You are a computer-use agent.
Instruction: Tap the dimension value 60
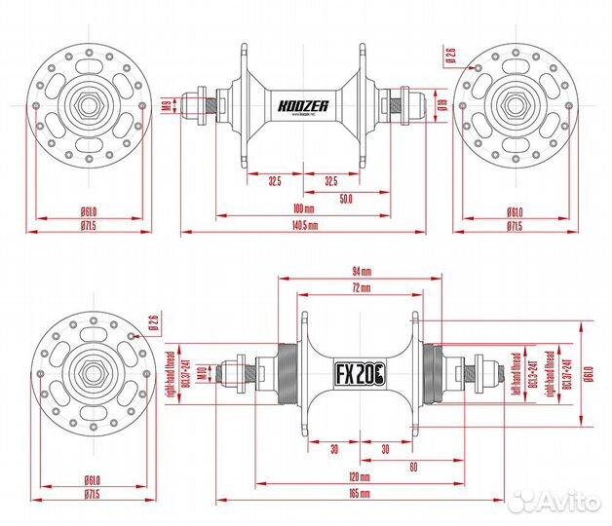[414, 467]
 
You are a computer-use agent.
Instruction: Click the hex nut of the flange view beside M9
[84, 105]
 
